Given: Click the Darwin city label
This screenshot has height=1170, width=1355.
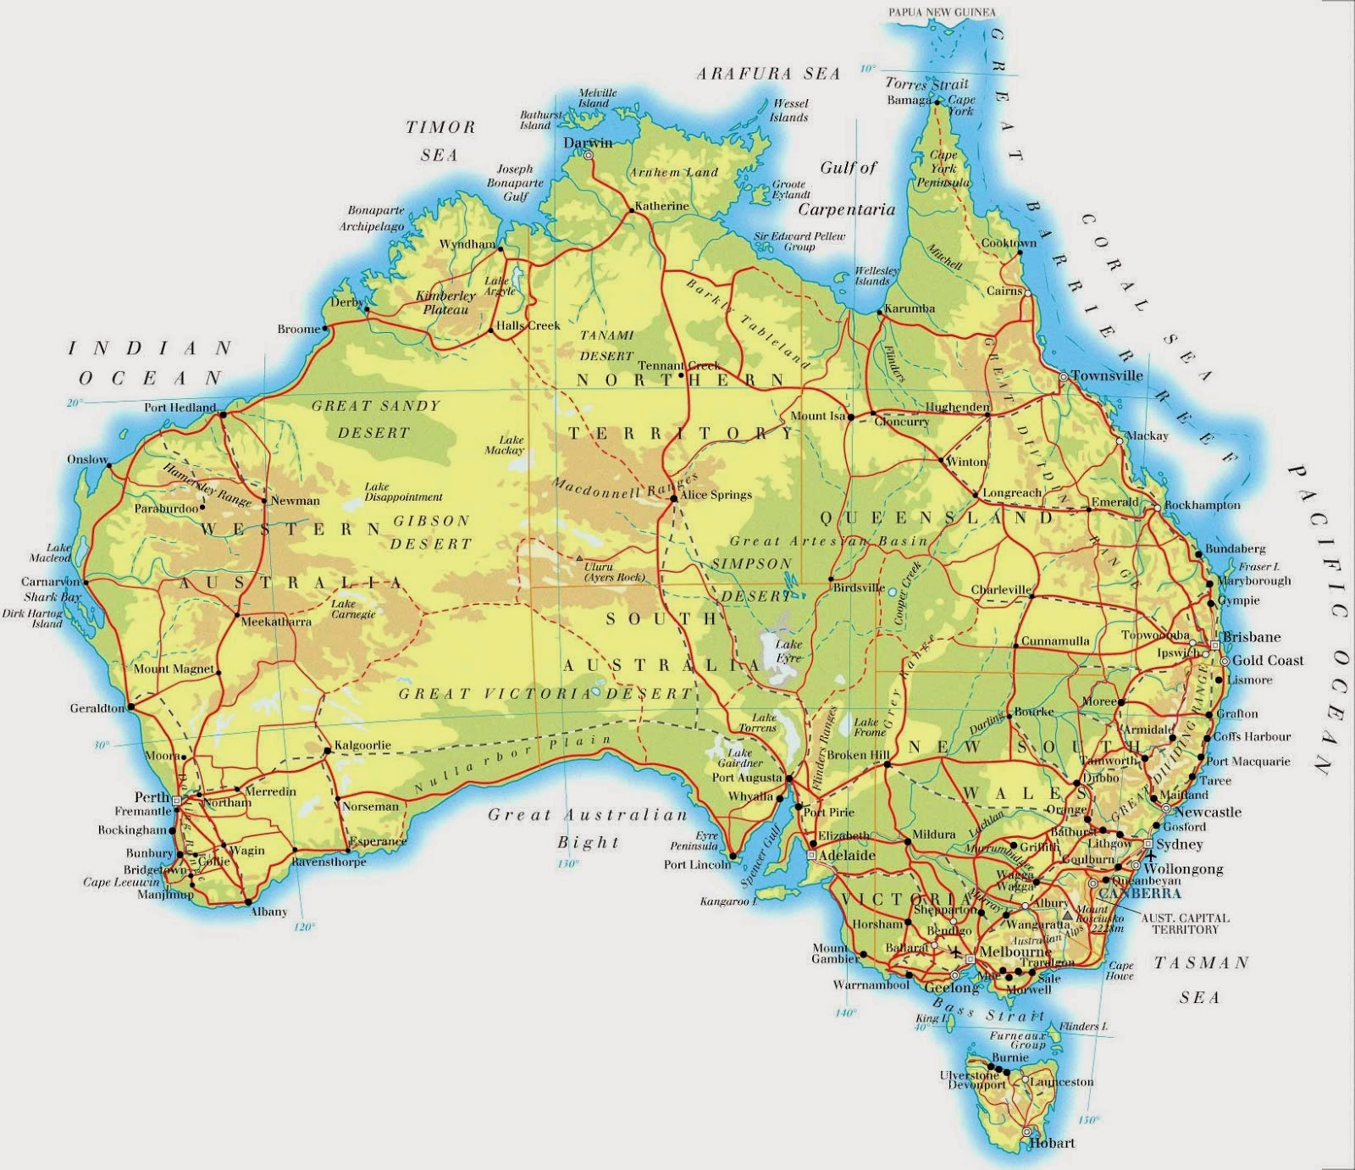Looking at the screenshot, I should (588, 142).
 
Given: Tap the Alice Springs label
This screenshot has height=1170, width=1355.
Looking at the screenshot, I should (716, 495).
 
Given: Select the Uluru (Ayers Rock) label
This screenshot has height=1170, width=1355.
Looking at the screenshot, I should (614, 572).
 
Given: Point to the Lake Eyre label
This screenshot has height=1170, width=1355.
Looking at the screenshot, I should (788, 651).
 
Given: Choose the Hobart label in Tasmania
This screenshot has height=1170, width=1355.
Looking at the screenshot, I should (1052, 1143).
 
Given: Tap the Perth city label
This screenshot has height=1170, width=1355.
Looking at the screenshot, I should (152, 797).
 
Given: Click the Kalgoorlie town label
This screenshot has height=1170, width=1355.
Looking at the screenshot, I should (362, 746).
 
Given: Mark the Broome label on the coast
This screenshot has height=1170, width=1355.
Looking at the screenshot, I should (299, 329).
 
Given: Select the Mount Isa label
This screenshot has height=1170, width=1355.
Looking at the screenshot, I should (818, 416).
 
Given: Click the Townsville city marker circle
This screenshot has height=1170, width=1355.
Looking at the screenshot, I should (1064, 376).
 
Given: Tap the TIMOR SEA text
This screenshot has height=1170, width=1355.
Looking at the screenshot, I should (440, 141).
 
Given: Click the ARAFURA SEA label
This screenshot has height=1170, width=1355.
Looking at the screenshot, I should (768, 74).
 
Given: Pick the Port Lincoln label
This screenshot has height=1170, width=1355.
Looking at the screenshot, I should (697, 865).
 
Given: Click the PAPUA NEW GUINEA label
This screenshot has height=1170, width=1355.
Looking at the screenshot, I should (942, 13).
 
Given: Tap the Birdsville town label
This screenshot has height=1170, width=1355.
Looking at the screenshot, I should (859, 587).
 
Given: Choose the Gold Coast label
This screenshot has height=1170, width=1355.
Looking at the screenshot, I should (1268, 660).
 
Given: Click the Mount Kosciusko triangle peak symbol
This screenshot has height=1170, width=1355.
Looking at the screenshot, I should (1069, 915).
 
